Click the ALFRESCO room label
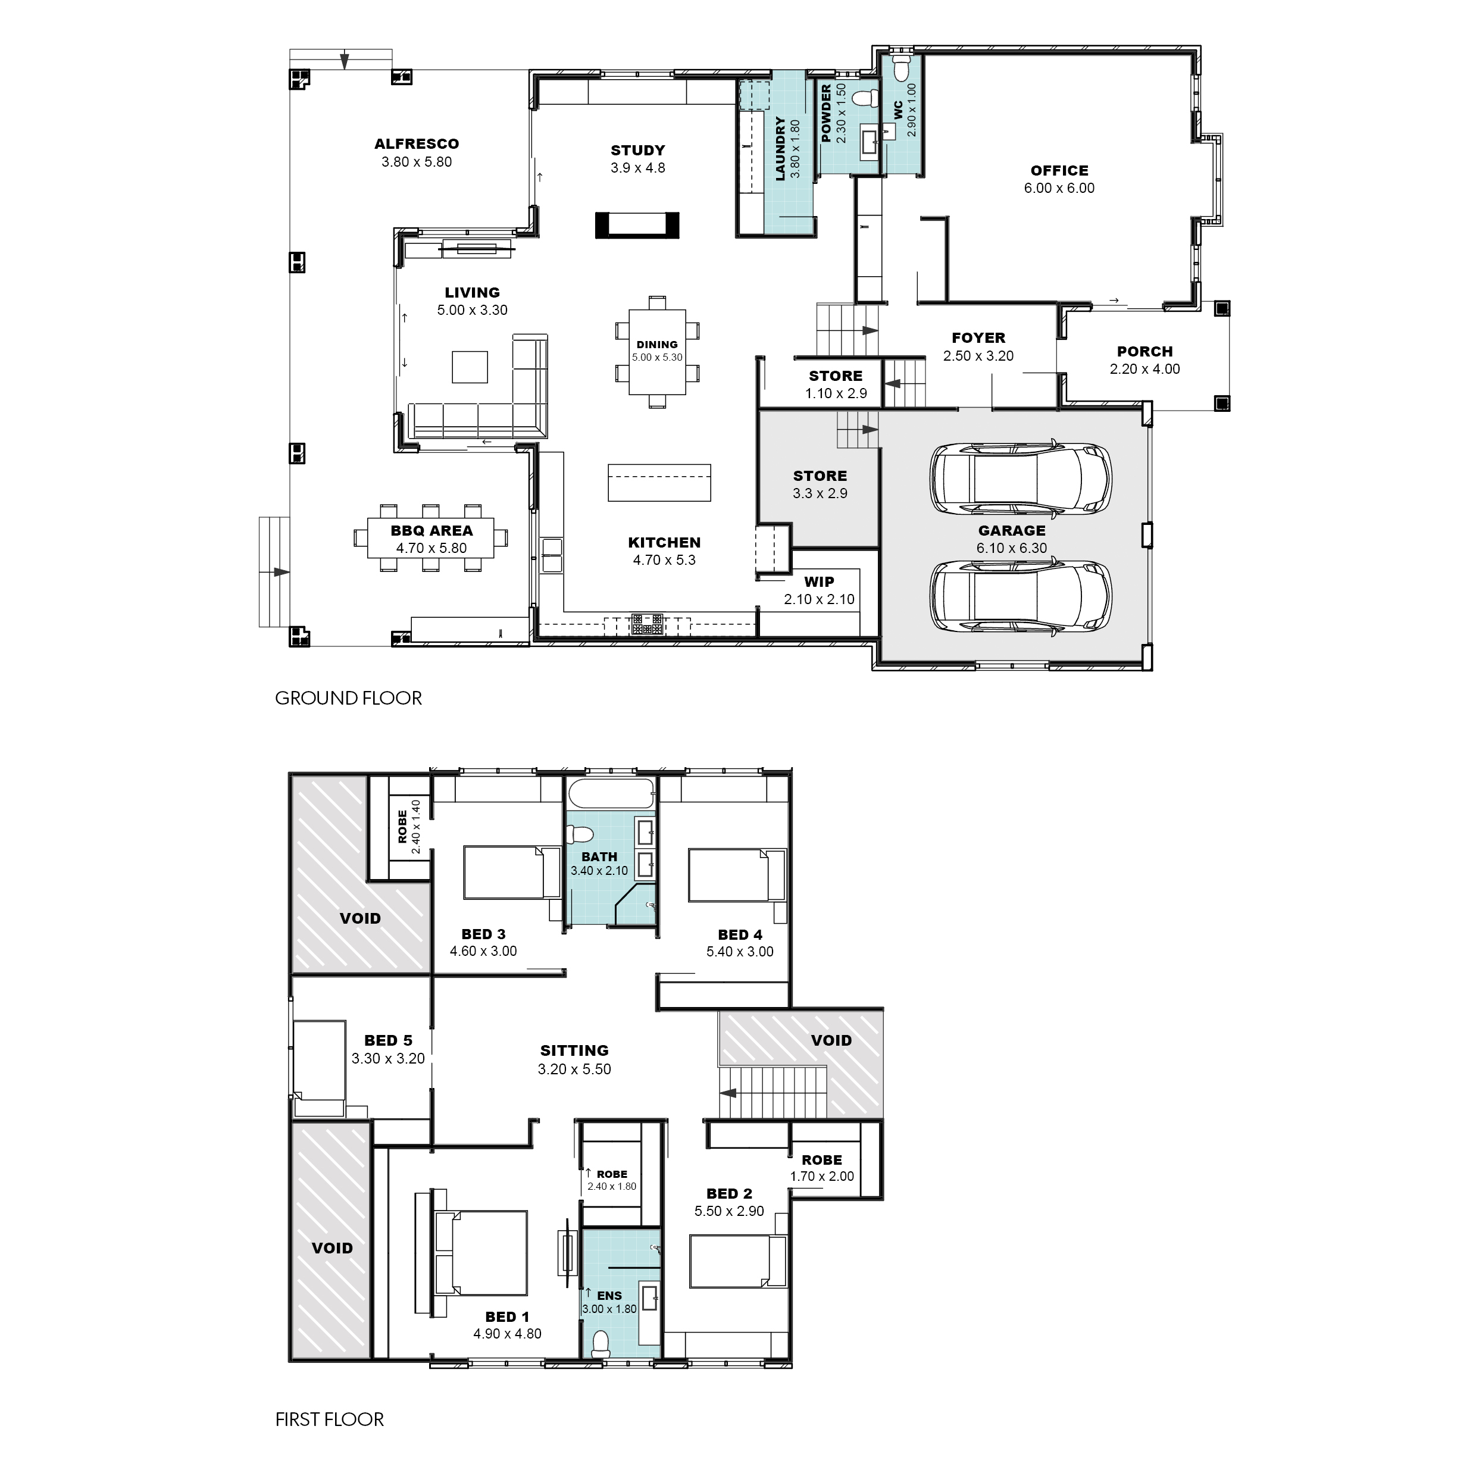(x=417, y=143)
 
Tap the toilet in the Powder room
(x=864, y=98)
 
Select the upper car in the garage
(x=1020, y=479)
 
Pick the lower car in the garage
(x=1020, y=597)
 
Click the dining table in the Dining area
(x=657, y=351)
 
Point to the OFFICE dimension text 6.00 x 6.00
(x=1059, y=188)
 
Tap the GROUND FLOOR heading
(x=348, y=698)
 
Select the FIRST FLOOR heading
(x=329, y=1419)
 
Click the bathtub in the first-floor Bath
(x=611, y=795)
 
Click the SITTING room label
(x=574, y=1050)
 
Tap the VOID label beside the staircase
(x=831, y=1040)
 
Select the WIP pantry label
(x=819, y=582)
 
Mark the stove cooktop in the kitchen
(x=647, y=624)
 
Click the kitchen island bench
(x=659, y=483)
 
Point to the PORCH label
(x=1144, y=351)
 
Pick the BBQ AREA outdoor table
(x=431, y=538)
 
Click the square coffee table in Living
(x=470, y=367)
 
